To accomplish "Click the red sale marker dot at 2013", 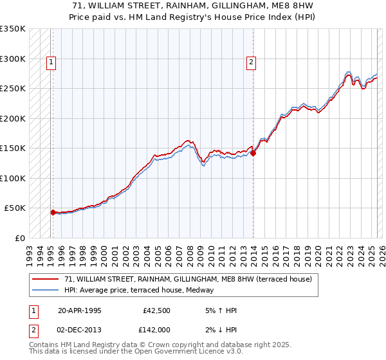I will click(253, 153).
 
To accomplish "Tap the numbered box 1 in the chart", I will click(51, 62).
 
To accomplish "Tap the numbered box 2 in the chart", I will click(251, 62).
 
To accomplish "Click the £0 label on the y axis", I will click(19, 238).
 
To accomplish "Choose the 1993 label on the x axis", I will click(30, 251).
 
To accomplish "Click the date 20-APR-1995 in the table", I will click(79, 310).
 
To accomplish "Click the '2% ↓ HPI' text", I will click(219, 329).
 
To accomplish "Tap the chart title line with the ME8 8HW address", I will click(193, 6).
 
